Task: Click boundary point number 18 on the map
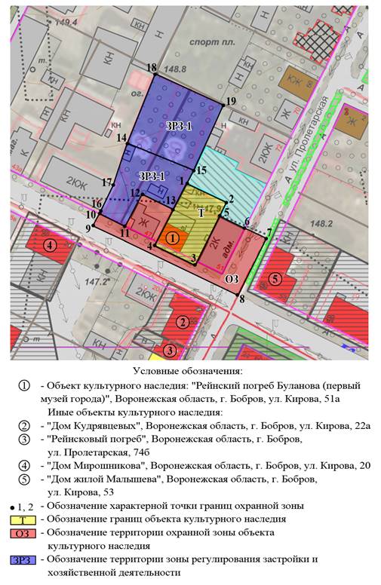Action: [x=152, y=67]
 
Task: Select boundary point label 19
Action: [x=231, y=101]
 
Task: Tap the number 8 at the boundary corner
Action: [x=241, y=299]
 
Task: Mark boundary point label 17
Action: [x=107, y=182]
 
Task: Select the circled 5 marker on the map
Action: [x=276, y=279]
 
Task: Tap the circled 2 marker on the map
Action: [x=182, y=322]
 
